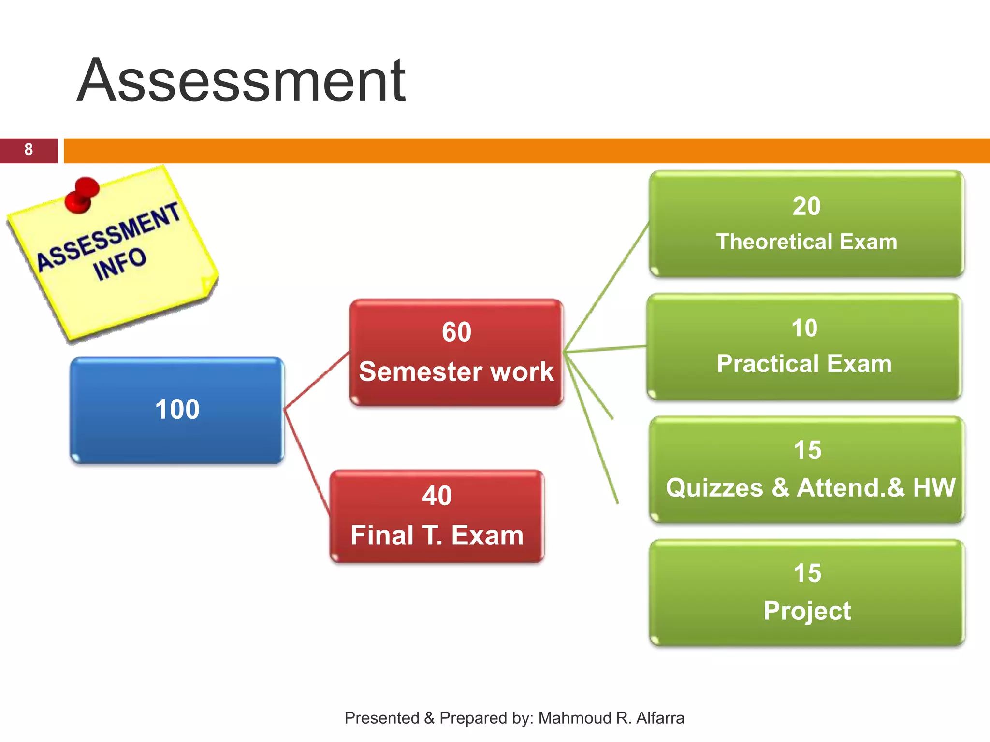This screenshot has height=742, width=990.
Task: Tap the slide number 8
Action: tap(29, 150)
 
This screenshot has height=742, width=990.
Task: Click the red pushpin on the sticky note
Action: tap(82, 193)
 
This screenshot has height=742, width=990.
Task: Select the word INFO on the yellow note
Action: tap(119, 264)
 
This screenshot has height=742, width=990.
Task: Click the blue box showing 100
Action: tap(177, 410)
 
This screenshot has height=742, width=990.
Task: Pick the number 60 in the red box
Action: tap(456, 332)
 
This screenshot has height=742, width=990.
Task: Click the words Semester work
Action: tap(456, 371)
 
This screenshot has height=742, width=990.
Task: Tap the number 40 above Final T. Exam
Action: tap(437, 496)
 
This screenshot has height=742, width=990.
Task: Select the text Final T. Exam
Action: tap(437, 535)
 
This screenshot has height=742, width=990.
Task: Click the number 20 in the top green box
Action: tap(806, 206)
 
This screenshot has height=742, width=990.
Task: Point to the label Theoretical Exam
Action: tap(806, 242)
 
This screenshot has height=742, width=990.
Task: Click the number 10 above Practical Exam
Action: tap(804, 328)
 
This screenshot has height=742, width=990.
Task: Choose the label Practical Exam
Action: tap(804, 364)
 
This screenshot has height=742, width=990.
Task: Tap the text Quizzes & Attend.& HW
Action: tap(811, 487)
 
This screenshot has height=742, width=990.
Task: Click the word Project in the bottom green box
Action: tap(807, 611)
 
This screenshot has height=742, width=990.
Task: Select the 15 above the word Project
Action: tap(807, 573)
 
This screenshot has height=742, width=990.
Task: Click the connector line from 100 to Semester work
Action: tap(317, 381)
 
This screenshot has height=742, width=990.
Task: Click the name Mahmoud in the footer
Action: tap(575, 718)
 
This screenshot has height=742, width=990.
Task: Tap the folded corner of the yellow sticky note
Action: tap(209, 285)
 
